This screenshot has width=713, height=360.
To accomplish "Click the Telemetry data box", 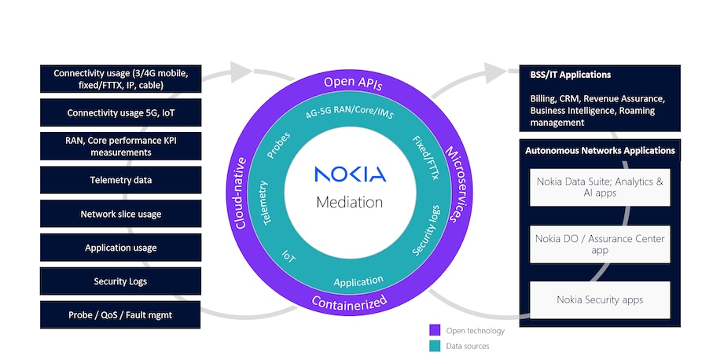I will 120,180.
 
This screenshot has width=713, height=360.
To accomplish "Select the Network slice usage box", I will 120,214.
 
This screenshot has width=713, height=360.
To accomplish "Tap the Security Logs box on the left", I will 120,281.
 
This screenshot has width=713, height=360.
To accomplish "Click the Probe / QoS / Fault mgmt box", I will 120,314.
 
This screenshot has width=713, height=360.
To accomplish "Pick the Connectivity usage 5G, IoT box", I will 120,112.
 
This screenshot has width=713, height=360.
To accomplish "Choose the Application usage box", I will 120,248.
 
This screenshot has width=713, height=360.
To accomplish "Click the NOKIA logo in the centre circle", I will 350,174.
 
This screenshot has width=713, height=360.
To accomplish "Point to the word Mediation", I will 350,202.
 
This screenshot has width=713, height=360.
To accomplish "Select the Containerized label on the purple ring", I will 349,302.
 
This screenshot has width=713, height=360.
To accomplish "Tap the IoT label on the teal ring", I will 290,256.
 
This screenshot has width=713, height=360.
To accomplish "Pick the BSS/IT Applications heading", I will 571,75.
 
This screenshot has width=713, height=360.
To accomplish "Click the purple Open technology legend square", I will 434,330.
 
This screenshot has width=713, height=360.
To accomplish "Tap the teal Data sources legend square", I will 434,345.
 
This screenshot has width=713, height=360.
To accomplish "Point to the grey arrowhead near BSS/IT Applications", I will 496,72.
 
